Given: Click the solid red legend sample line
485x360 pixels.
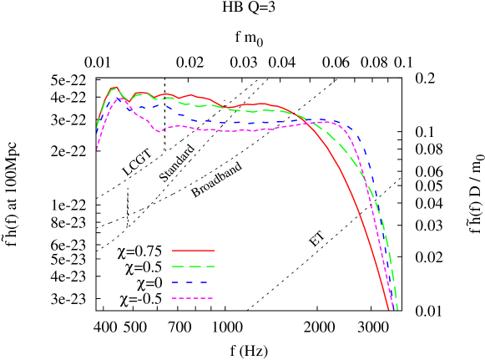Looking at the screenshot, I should [193, 250].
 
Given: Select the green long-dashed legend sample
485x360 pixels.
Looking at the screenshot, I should [193, 266].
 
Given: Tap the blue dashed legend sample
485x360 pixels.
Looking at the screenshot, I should [193, 282].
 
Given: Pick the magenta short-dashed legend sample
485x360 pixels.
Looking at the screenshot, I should [193, 298].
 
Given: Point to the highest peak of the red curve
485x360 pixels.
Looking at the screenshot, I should [114, 87].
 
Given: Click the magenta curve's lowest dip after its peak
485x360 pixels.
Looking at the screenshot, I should [159, 131].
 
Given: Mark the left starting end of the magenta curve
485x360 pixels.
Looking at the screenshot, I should [97, 150].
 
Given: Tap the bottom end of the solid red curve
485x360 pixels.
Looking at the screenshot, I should [388, 310].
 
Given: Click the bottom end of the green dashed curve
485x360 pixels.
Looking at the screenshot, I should [397, 309].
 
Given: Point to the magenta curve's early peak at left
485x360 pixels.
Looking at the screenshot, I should [120, 99].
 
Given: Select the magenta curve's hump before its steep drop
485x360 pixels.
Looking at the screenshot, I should [328, 122].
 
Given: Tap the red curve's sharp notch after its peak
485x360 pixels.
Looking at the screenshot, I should [128, 102].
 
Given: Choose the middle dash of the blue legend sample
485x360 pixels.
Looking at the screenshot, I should [193, 282].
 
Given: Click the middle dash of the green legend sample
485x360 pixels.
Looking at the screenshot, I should [193, 266].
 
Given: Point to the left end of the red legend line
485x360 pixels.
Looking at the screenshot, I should [173, 250].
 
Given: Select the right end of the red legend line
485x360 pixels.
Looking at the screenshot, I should [215, 250].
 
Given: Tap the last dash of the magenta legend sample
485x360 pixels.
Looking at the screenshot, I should [210, 298].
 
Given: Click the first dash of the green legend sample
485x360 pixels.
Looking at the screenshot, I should [177, 266].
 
